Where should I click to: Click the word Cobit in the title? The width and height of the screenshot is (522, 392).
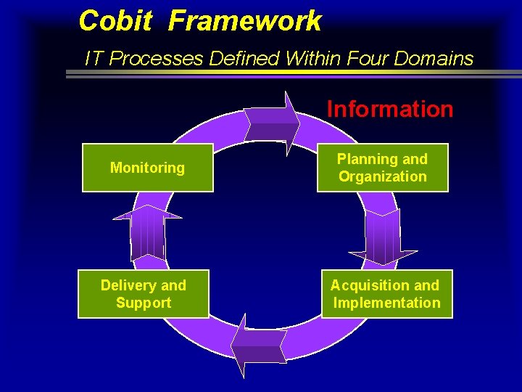click(115, 21)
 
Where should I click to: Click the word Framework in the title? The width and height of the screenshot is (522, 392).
click(244, 21)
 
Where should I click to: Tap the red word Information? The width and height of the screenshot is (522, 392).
click(390, 110)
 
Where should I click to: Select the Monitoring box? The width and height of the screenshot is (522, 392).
click(147, 168)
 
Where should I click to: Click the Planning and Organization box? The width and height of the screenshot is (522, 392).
click(382, 168)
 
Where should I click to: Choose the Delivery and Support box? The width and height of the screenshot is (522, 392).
click(144, 294)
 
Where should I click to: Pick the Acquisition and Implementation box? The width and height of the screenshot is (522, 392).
click(386, 294)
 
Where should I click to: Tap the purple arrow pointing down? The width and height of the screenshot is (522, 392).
click(383, 237)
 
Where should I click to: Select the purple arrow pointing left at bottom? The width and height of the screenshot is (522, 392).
click(259, 346)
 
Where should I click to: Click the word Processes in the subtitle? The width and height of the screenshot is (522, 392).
click(157, 58)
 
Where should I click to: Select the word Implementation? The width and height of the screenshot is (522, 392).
click(387, 303)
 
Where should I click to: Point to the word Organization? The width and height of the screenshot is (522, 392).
click(383, 176)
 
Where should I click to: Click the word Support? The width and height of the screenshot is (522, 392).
click(144, 303)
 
